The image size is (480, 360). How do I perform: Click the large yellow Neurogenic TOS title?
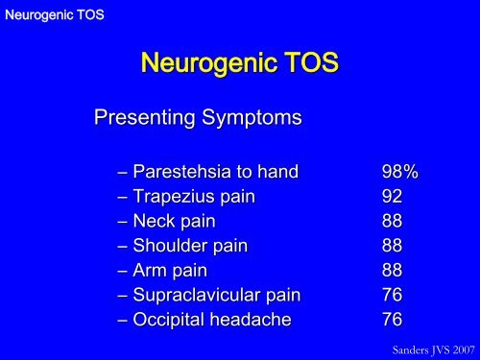(x=240, y=65)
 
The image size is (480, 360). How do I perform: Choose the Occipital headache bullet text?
(x=201, y=317)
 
